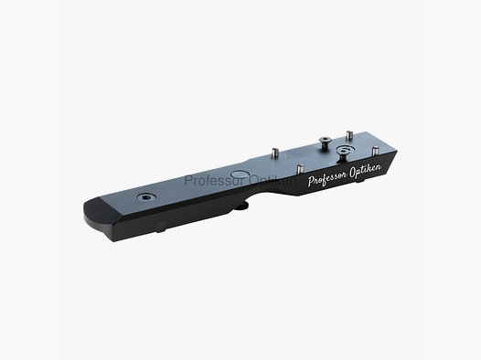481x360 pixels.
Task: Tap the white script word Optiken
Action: (x=370, y=166)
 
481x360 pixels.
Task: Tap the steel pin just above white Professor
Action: (x=299, y=168)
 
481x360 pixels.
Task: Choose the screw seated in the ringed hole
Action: (x=344, y=148)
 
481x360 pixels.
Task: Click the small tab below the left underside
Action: (x=162, y=227)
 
